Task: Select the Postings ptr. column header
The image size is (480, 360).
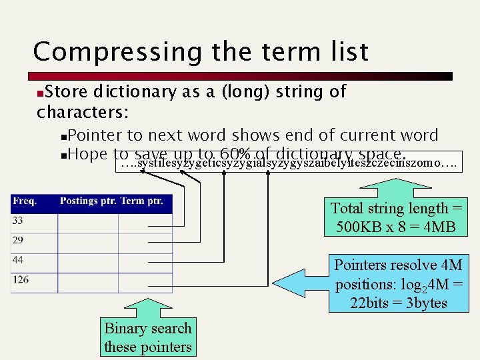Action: [x=87, y=201]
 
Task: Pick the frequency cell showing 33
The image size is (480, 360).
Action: [x=18, y=221]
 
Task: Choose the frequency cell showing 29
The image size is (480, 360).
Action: [x=18, y=240]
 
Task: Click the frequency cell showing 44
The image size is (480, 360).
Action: [x=18, y=260]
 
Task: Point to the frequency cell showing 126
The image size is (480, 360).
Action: [x=20, y=279]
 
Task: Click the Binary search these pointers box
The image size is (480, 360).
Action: [x=147, y=337]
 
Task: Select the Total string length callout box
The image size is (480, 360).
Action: [x=396, y=217]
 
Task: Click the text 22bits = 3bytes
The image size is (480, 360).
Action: [x=399, y=303]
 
